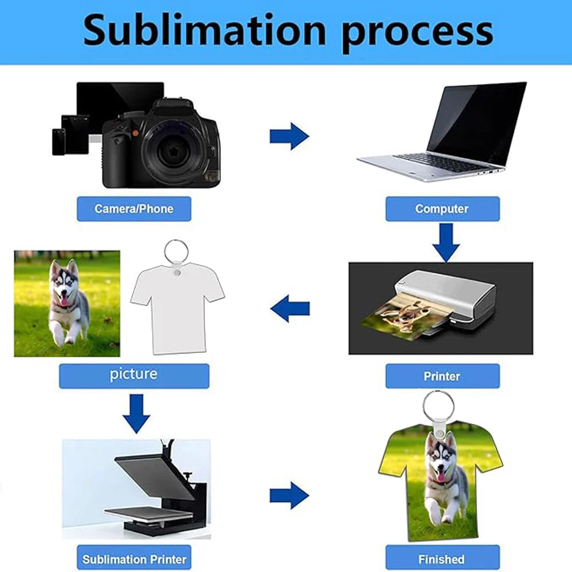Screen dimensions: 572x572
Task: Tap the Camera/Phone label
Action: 134,209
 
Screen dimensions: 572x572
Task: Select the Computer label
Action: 442,209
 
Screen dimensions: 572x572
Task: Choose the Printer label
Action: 442,376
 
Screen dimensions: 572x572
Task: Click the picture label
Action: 134,375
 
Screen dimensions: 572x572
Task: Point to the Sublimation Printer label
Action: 134,559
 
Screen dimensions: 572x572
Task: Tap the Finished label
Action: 442,559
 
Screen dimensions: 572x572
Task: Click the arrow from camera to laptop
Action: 289,136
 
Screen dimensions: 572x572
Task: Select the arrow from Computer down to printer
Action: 446,241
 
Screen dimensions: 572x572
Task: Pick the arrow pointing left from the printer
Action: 290,309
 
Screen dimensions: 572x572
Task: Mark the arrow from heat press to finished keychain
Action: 289,495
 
